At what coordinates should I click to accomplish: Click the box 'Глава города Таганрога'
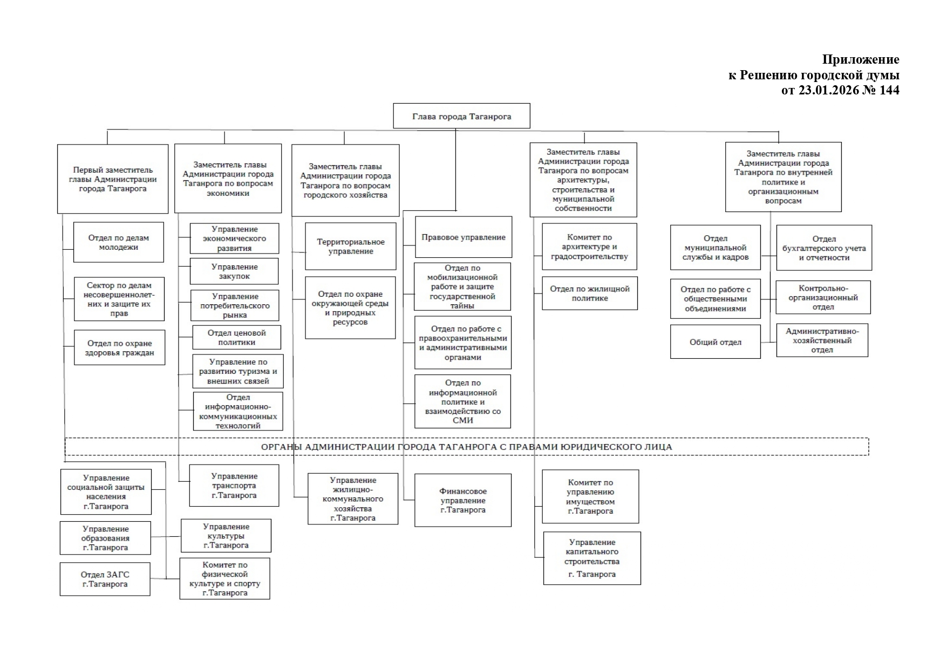[x=461, y=116]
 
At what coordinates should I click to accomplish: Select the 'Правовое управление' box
[x=464, y=237]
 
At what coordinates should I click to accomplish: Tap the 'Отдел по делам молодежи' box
[x=119, y=242]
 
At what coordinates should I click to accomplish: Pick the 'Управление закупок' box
[x=234, y=271]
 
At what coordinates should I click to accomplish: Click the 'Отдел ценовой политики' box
[x=237, y=338]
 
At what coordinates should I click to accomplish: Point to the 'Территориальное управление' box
[x=351, y=247]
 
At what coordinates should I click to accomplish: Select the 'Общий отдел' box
[x=715, y=342]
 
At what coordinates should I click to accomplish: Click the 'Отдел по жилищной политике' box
[x=590, y=293]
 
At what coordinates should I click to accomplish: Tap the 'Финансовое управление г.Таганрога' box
[x=463, y=500]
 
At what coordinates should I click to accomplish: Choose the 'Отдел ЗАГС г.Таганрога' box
[x=105, y=579]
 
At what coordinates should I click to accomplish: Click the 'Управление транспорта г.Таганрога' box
[x=234, y=486]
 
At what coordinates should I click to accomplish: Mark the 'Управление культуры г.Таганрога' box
[x=226, y=536]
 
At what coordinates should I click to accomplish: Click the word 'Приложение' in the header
[x=860, y=59]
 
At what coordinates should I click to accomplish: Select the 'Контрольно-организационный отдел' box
[x=823, y=297]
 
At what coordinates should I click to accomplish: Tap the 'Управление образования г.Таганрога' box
[x=105, y=538]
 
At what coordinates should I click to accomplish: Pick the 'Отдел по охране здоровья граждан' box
[x=119, y=348]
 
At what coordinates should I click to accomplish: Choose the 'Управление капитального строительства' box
[x=592, y=558]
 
